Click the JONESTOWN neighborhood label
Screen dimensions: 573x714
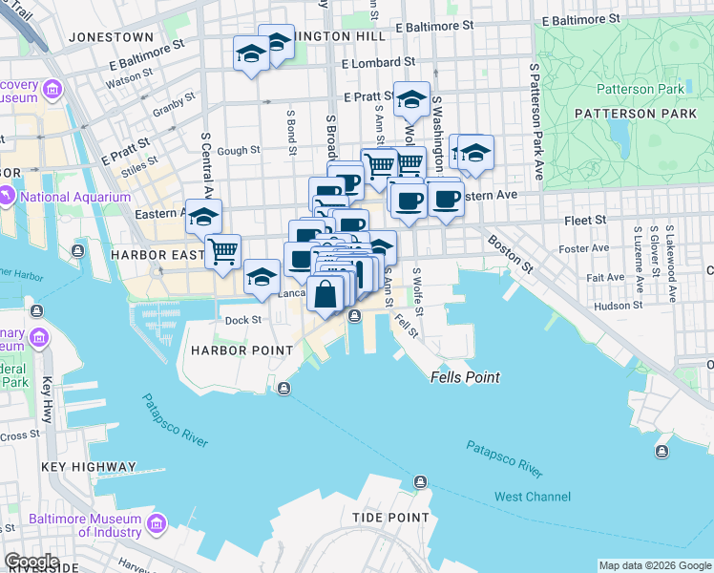click(111, 36)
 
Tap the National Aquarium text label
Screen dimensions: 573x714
click(74, 198)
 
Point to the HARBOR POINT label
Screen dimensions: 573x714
click(242, 350)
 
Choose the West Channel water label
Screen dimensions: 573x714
click(533, 497)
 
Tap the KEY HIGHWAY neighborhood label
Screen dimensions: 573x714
click(85, 468)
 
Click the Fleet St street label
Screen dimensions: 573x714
click(585, 220)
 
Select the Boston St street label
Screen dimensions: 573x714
click(507, 250)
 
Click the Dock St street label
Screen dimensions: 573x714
click(242, 320)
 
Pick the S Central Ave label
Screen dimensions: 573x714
click(204, 164)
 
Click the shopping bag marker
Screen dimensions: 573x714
click(325, 293)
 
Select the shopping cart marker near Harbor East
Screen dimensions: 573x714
click(223, 252)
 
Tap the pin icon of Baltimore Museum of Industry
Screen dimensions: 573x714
click(156, 523)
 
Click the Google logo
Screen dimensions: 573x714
click(31, 562)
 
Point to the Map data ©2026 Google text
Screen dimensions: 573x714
click(654, 565)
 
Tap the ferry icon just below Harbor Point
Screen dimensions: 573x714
click(283, 388)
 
